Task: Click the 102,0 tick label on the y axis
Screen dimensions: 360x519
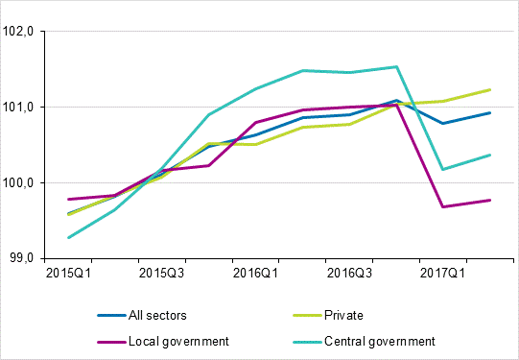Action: pos(19,32)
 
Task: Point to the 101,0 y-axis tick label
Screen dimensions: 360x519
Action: pos(19,107)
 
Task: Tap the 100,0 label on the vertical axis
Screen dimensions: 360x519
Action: pos(19,182)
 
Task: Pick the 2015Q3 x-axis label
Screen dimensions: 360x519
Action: pos(161,274)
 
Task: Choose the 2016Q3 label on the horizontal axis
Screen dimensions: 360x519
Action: pos(348,274)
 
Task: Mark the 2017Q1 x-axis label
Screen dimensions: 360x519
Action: pos(442,274)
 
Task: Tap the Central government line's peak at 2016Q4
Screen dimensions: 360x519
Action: pos(395,66)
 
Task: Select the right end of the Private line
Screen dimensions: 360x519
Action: pos(490,89)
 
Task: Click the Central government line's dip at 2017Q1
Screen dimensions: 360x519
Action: pos(442,169)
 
